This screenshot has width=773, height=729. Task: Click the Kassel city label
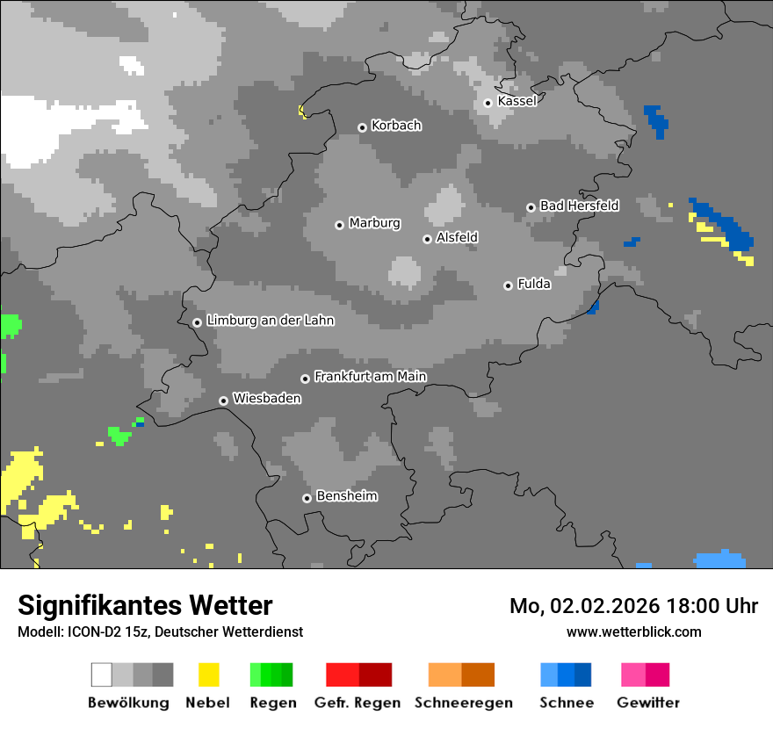pyautogui.click(x=517, y=101)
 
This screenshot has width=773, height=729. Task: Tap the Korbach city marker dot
pyautogui.click(x=362, y=127)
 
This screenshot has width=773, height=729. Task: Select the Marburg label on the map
pyautogui.click(x=374, y=223)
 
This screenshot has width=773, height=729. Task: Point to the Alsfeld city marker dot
pyautogui.click(x=427, y=239)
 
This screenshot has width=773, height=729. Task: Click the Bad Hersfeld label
pyautogui.click(x=579, y=206)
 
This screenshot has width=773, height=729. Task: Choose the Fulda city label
pyautogui.click(x=534, y=284)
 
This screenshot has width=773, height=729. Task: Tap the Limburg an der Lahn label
pyautogui.click(x=270, y=321)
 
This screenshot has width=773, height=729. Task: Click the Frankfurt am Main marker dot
pyautogui.click(x=306, y=379)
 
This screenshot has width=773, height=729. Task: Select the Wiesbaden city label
pyautogui.click(x=267, y=399)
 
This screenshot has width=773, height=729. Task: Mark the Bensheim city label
pyautogui.click(x=346, y=496)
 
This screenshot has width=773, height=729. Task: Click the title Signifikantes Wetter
pyautogui.click(x=145, y=605)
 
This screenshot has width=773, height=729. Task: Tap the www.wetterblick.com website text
pyautogui.click(x=633, y=632)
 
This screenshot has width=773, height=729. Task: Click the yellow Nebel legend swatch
pyautogui.click(x=208, y=675)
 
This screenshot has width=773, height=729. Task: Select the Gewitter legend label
pyautogui.click(x=647, y=703)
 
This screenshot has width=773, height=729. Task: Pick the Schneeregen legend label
pyautogui.click(x=463, y=703)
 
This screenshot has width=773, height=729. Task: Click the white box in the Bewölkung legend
pyautogui.click(x=102, y=675)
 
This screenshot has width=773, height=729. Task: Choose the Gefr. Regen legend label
pyautogui.click(x=358, y=703)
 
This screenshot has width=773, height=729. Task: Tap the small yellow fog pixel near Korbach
pyautogui.click(x=302, y=111)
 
